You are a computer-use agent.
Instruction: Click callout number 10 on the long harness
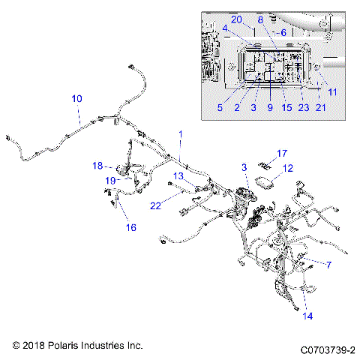pos(77,98)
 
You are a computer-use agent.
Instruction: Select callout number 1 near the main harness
pos(180,133)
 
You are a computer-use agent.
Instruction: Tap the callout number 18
pos(97,166)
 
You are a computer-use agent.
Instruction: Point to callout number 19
pos(110,180)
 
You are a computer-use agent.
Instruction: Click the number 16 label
pos(131,227)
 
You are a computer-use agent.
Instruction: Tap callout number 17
pos(282,154)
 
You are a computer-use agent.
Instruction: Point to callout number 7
pos(328,264)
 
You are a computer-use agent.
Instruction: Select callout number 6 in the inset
pos(283,33)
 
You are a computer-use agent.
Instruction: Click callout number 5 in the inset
pos(220,108)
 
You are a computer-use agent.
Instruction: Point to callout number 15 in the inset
pos(286,108)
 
